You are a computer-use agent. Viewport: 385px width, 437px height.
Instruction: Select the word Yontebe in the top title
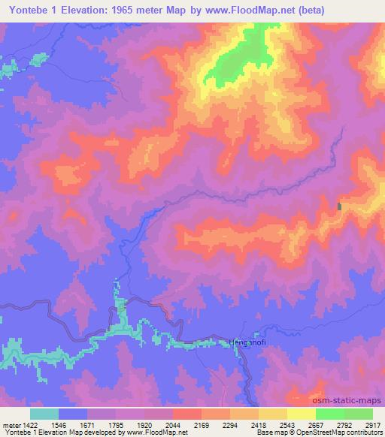[x=29, y=10]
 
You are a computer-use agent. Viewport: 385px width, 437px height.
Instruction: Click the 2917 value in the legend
[x=372, y=425]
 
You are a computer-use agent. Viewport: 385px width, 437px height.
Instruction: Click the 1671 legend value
[x=87, y=425]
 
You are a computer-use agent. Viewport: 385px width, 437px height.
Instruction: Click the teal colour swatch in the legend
[x=44, y=414]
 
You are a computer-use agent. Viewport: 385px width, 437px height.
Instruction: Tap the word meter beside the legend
[x=10, y=425]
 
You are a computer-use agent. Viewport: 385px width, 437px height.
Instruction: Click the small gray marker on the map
[x=340, y=206]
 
